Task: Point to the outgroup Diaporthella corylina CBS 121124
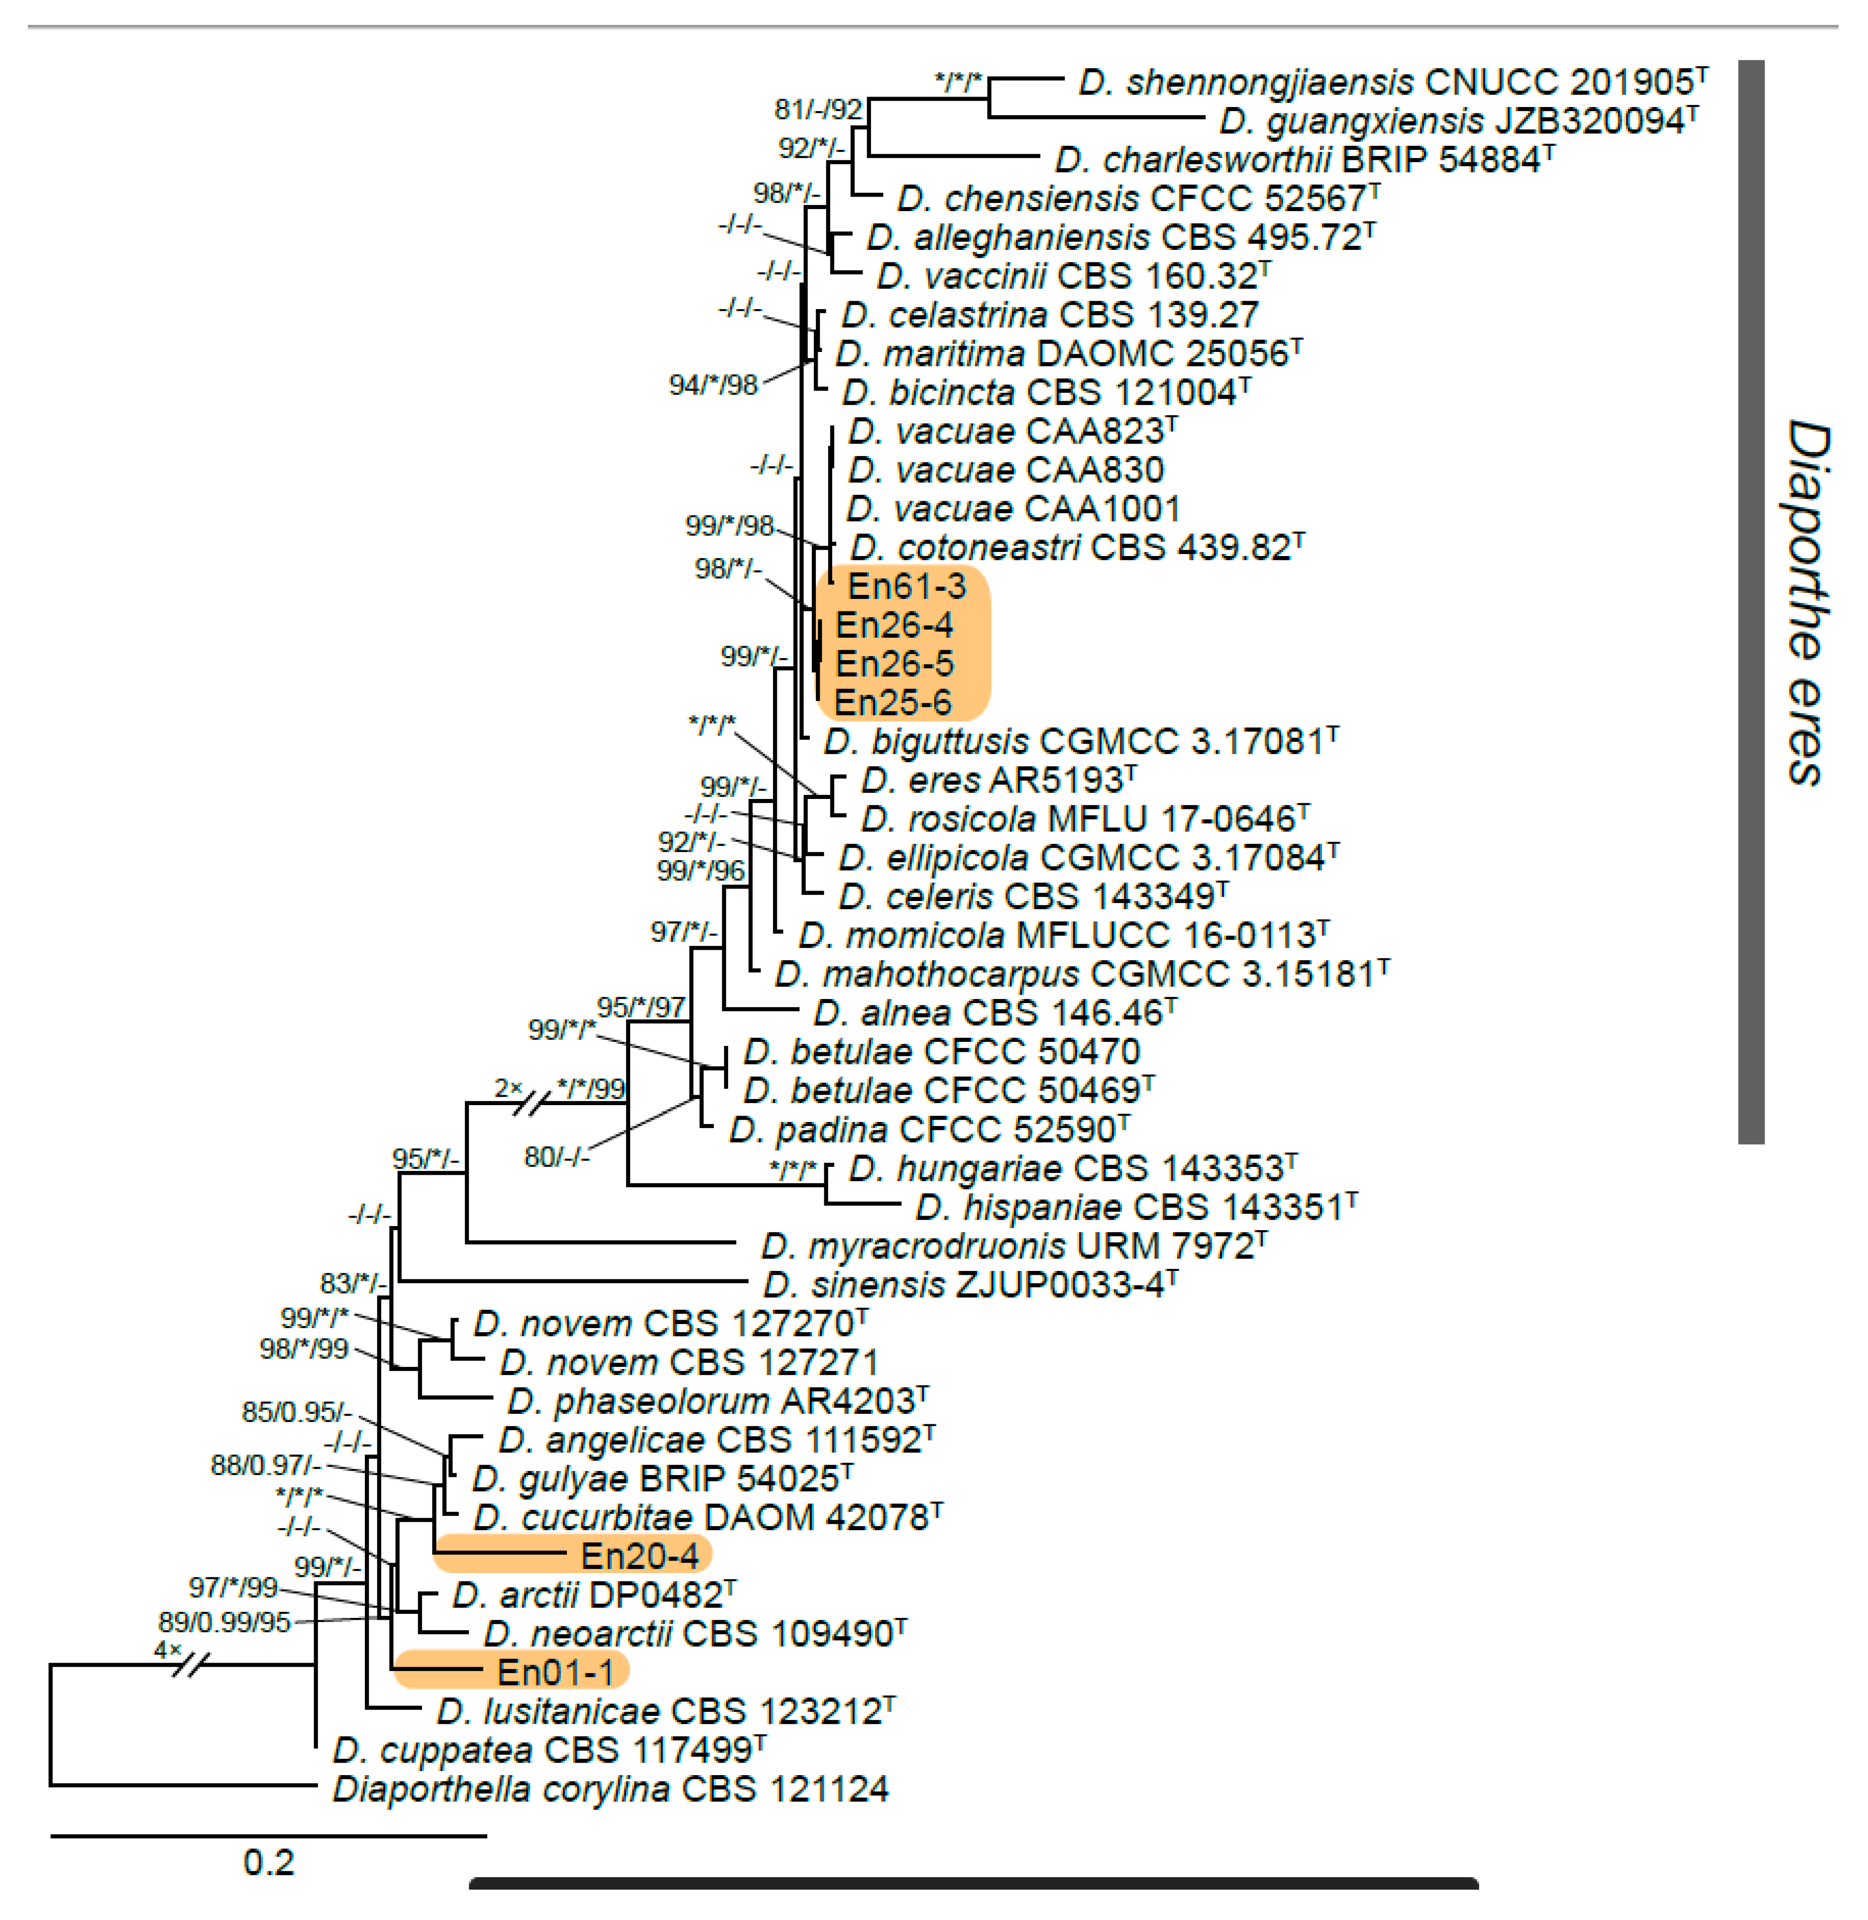(x=610, y=1788)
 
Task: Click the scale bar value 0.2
(x=268, y=1861)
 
